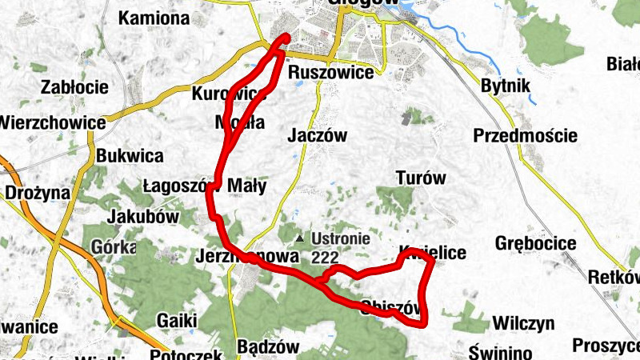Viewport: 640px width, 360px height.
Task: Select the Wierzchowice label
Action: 53,123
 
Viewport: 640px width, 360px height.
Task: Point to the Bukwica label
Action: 129,155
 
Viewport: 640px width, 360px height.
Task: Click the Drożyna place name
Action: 38,193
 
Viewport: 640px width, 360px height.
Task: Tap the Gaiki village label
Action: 177,320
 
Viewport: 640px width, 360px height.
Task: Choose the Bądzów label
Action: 268,347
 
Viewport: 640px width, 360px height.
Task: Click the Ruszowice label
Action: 330,73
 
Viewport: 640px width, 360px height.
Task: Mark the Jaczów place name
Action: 317,136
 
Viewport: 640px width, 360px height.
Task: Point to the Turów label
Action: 421,178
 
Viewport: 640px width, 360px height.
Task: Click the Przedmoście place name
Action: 525,135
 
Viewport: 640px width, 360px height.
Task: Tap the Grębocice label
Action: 536,242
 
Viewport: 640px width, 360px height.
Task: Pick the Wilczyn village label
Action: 523,324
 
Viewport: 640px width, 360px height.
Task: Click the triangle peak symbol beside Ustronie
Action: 300,238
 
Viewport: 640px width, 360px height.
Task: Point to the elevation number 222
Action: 326,257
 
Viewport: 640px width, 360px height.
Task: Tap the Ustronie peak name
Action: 341,238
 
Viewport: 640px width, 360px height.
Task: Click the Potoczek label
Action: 185,353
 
